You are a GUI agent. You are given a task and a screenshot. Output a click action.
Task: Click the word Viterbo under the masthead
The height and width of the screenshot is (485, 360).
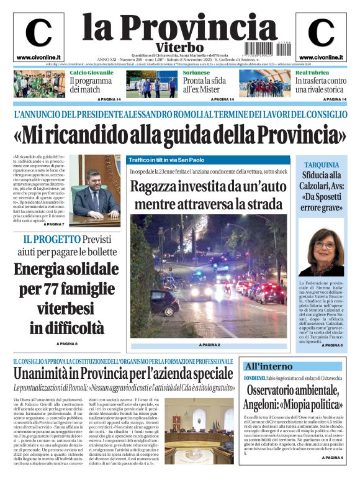(x=179, y=47)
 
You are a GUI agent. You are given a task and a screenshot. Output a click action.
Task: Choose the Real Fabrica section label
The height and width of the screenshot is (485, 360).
(x=312, y=73)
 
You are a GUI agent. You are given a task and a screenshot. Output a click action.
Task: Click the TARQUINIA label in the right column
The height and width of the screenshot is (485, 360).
(x=321, y=165)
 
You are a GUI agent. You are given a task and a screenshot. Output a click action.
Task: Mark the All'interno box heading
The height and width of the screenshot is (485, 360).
(x=268, y=366)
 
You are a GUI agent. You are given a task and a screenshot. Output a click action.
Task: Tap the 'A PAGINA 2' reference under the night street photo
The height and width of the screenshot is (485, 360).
(x=210, y=345)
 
